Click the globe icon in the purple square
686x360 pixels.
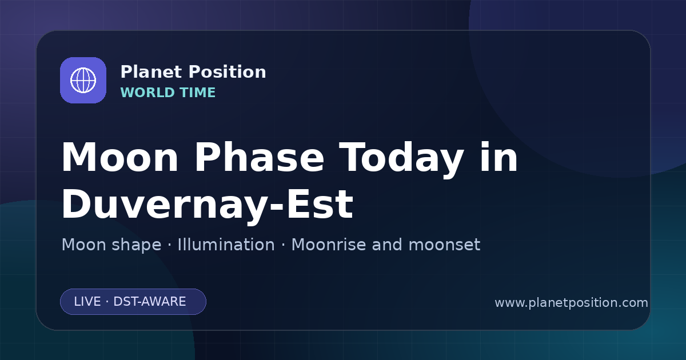pos(83,80)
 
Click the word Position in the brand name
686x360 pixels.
pos(228,72)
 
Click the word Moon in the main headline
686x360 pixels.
pos(119,157)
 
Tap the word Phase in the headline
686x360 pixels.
pos(259,157)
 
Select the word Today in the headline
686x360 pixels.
pos(401,159)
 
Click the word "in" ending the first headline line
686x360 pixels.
pos(498,157)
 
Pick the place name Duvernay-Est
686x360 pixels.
pos(208,205)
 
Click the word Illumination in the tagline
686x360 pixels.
pos(226,245)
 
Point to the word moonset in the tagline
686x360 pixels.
pos(444,245)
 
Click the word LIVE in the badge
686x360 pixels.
pos(87,302)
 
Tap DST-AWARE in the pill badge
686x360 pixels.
pos(149,302)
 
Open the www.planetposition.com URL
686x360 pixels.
pos(571,303)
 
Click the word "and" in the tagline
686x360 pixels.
pos(387,245)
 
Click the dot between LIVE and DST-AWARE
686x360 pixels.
pos(107,302)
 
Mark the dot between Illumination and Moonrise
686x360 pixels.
pos(283,245)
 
